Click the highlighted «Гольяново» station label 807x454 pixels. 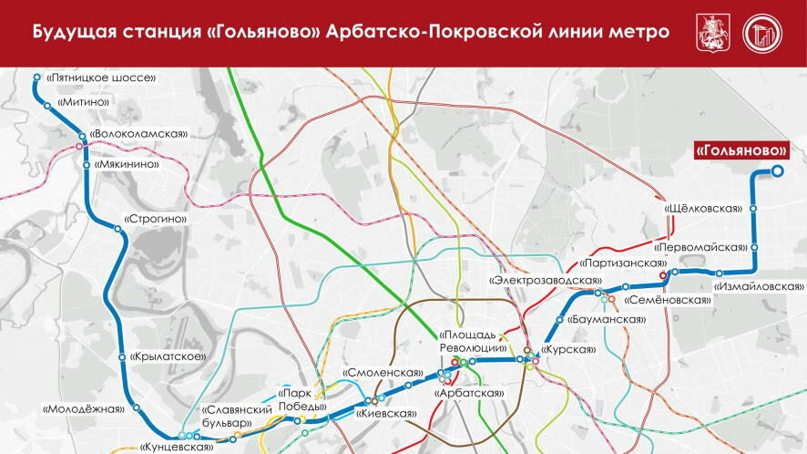coord(741,150)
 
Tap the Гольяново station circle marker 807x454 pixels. coord(778,170)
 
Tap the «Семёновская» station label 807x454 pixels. coord(667,299)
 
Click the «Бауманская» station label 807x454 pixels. coord(606,320)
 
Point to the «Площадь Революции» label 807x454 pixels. coord(473,341)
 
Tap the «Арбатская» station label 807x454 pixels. coord(469,393)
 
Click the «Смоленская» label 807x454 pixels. coord(383,373)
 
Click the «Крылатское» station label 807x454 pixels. coord(166,356)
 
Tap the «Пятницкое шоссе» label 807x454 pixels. coord(101,78)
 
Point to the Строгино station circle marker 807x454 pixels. coord(118,230)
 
